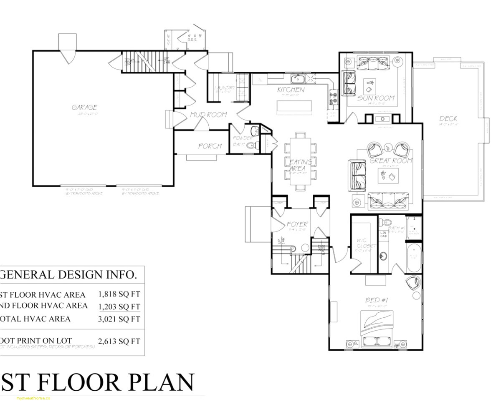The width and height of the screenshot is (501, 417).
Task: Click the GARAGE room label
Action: tap(84, 108)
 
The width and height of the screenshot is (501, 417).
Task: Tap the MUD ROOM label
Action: tap(208, 115)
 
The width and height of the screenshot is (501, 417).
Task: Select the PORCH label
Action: tap(210, 146)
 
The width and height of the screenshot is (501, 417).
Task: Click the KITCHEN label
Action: tap(291, 90)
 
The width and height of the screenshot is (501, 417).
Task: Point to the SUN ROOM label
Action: tap(376, 98)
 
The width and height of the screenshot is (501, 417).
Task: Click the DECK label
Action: tap(448, 119)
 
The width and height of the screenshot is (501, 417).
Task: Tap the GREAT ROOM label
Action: tap(391, 161)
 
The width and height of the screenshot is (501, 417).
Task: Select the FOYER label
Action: tap(297, 224)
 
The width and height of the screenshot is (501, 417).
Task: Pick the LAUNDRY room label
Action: tap(225, 88)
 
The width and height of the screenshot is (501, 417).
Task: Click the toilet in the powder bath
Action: tap(251, 146)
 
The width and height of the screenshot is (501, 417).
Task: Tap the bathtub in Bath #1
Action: tap(414, 257)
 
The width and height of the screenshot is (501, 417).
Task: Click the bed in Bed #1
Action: tap(377, 329)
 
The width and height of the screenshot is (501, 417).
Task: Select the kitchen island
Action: tap(294, 107)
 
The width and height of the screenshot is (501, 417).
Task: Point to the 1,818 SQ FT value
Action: tap(119, 294)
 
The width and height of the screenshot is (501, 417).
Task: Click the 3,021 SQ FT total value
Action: tap(119, 319)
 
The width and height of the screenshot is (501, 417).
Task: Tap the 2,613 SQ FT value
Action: tap(119, 341)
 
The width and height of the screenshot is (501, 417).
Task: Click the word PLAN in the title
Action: tap(161, 382)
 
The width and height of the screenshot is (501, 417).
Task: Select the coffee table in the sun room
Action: tap(369, 86)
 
